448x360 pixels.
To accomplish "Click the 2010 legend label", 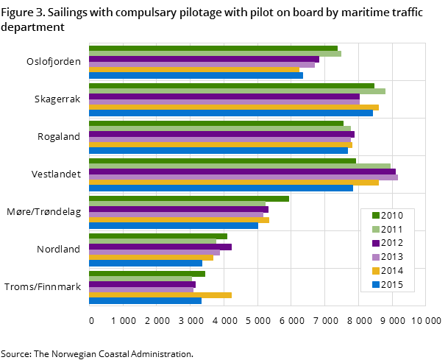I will (x=392, y=216).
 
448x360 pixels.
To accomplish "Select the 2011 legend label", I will (x=392, y=230).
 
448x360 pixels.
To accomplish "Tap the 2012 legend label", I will (x=392, y=244).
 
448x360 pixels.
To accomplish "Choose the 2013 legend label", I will (x=392, y=257).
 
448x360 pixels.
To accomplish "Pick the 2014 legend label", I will (x=392, y=271).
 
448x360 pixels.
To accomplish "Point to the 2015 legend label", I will (x=392, y=285).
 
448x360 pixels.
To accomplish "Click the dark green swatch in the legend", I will (x=376, y=216).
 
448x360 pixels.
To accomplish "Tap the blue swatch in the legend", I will (x=376, y=285).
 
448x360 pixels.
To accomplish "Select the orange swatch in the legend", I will (x=376, y=271).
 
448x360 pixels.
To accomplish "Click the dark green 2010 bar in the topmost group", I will (x=213, y=49).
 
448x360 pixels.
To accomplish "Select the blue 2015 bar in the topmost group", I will (x=196, y=75).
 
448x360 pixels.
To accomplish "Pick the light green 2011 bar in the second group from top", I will (x=237, y=91).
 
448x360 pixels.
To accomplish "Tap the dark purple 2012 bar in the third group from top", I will (x=221, y=135).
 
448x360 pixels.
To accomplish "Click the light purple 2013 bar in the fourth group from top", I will (x=243, y=177).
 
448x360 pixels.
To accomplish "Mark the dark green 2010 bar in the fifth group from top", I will (x=189, y=199).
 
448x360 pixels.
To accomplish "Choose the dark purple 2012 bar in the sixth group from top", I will (x=160, y=247).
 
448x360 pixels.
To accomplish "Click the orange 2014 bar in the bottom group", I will (x=160, y=295).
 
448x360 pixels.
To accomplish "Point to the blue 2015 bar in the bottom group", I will (x=145, y=300).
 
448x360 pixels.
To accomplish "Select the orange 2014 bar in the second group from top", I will (x=234, y=107).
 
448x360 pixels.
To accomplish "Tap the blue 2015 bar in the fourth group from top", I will (x=221, y=188).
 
